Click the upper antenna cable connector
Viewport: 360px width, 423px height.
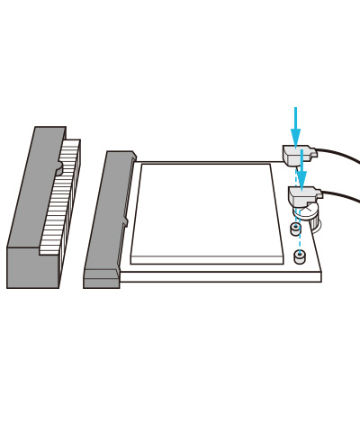click(297, 156)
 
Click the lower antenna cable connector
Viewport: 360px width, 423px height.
click(303, 195)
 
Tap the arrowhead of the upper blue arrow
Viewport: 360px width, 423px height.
click(295, 139)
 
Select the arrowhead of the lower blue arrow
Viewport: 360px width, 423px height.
click(301, 181)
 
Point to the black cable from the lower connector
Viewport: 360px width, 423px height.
click(344, 195)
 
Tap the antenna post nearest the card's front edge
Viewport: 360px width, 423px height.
click(300, 256)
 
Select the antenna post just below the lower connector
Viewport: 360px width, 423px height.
click(295, 229)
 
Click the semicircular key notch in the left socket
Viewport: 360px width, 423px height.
click(58, 168)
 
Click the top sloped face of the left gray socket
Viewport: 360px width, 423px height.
click(36, 189)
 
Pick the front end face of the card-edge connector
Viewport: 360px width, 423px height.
click(101, 278)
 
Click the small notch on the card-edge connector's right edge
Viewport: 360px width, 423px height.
click(125, 221)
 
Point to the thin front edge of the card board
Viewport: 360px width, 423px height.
click(220, 277)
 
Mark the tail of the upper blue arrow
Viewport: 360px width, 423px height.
click(295, 111)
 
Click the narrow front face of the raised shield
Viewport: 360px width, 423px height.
click(207, 260)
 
